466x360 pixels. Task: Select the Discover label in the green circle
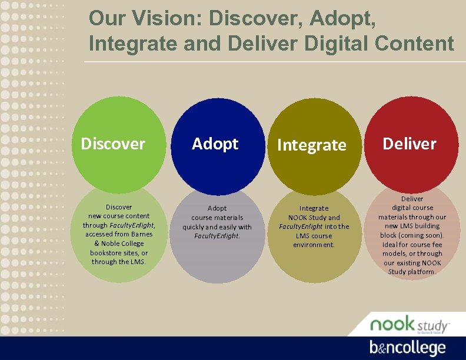[x=112, y=144]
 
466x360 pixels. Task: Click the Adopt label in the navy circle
[x=215, y=144]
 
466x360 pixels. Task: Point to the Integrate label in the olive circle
[x=312, y=145]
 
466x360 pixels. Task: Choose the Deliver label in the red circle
[x=410, y=144]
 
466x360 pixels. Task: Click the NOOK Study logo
[x=408, y=324]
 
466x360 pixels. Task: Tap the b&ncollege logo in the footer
[x=407, y=347]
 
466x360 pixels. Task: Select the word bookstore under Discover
[x=106, y=252]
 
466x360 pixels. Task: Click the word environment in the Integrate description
[x=314, y=245]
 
